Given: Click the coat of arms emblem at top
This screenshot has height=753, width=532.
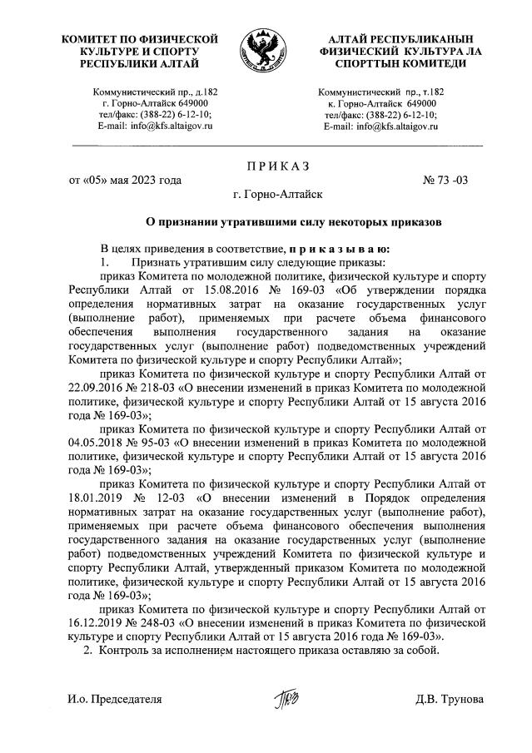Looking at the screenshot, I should (x=265, y=52).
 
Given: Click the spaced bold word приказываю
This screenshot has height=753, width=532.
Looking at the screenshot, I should (x=341, y=249).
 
